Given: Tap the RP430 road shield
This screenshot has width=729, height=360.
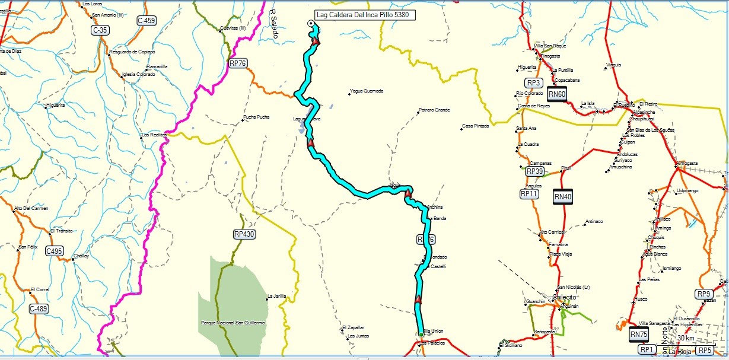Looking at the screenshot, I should pos(244,234).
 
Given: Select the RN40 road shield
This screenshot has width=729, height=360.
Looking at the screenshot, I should pos(563,196).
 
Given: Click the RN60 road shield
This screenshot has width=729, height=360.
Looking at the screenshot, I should pos(557,94).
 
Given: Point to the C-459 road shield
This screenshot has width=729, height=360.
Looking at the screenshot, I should pos(147,21).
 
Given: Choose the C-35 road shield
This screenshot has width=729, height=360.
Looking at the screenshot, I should pos(100,29).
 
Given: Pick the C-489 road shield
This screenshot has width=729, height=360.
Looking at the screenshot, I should pos(38,308).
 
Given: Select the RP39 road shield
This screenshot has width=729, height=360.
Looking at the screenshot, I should pos(534,171).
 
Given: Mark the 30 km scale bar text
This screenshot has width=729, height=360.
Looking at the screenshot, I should pos(686,338).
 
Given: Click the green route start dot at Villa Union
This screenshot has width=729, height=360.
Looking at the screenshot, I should pos(421,335).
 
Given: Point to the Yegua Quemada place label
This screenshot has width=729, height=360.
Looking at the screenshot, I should pos(367,91).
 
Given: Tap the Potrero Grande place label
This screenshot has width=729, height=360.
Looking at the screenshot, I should pos(434,110).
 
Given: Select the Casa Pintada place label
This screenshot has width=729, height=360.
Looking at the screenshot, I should pos(476,126).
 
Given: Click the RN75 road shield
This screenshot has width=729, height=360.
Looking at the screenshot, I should pos(638,334).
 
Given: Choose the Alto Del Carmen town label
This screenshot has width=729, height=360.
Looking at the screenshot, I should pos(31,208).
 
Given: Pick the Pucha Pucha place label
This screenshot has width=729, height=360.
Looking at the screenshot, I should pos(256,117).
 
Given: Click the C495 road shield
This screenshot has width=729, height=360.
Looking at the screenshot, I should pos(54,251).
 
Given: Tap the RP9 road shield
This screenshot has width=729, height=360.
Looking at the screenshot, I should pos(704,294).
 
